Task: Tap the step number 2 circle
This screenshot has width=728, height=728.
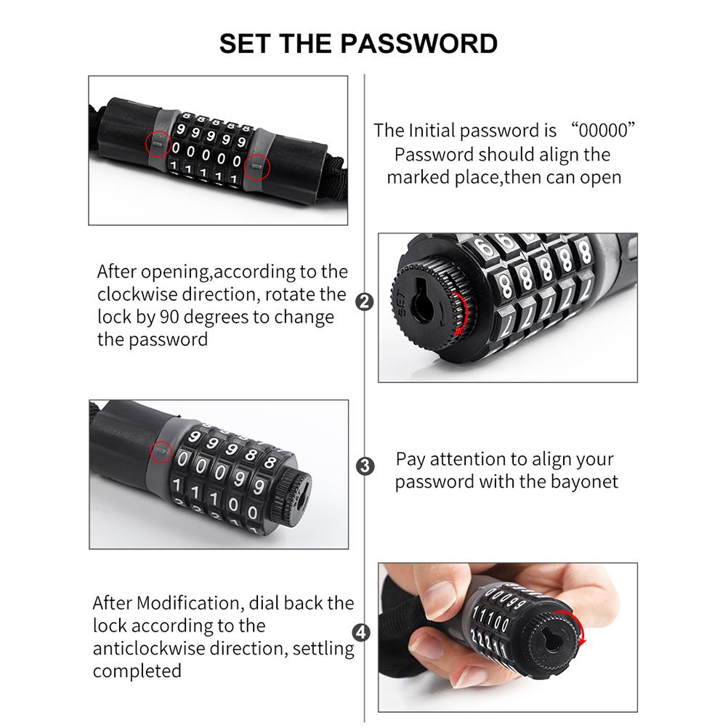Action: click(x=364, y=300)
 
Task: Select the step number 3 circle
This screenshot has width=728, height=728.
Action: click(x=364, y=466)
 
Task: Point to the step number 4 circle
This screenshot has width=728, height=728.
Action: click(x=364, y=632)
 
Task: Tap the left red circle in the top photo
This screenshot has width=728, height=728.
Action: click(x=160, y=143)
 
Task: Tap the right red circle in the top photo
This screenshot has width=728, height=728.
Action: click(x=256, y=166)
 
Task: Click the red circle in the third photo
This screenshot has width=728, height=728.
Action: click(x=161, y=453)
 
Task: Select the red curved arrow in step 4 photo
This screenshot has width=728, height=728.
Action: click(x=579, y=629)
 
